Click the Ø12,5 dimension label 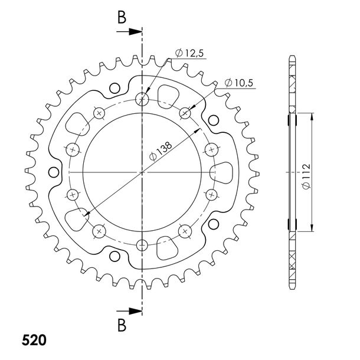[189, 53]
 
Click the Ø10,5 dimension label [238, 83]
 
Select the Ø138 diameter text [161, 151]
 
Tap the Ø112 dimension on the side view [306, 176]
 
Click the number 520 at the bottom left [34, 340]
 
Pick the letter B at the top [122, 18]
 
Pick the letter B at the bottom [122, 325]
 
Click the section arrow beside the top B [129, 32]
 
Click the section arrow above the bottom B [129, 312]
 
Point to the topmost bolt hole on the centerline [142, 99]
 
